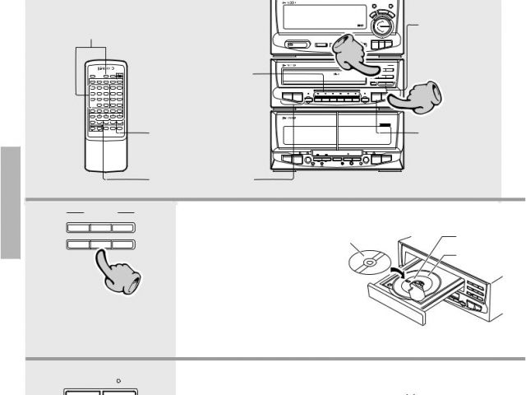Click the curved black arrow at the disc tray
coord(397,272)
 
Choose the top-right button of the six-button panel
coord(123,227)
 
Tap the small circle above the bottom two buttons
coord(120,381)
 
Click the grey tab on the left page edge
coord(10,202)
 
